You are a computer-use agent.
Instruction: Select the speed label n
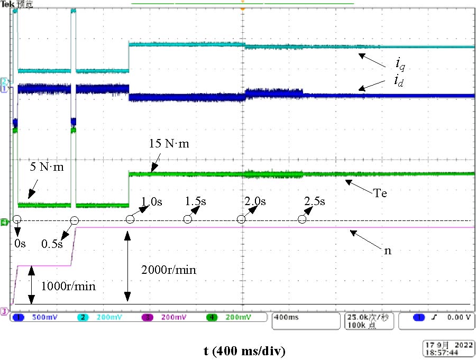pyautogui.click(x=387, y=251)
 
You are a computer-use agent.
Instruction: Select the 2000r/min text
pyautogui.click(x=169, y=270)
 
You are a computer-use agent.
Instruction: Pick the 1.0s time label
pyautogui.click(x=152, y=201)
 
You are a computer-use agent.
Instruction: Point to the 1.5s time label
pyautogui.click(x=196, y=201)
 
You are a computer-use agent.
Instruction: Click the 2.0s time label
pyautogui.click(x=255, y=201)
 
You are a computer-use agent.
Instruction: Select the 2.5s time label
pyautogui.click(x=315, y=201)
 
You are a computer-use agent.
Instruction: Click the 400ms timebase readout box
pyautogui.click(x=305, y=318)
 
